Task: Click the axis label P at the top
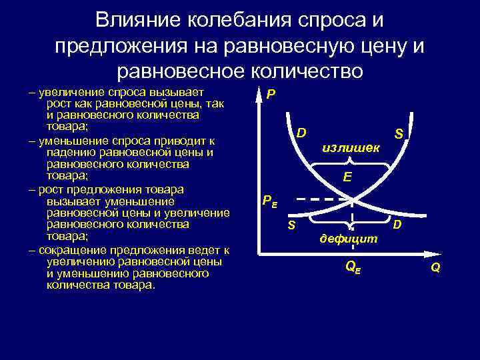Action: pyautogui.click(x=270, y=95)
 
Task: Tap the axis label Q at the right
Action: pyautogui.click(x=435, y=268)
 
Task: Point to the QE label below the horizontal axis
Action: pyautogui.click(x=352, y=267)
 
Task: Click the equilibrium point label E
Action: pyautogui.click(x=347, y=177)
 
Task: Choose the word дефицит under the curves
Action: pyautogui.click(x=348, y=238)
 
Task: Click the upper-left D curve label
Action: pyautogui.click(x=301, y=133)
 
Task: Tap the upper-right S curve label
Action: pyautogui.click(x=399, y=134)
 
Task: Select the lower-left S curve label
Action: pyautogui.click(x=291, y=225)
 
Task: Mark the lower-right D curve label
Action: pyautogui.click(x=397, y=225)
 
